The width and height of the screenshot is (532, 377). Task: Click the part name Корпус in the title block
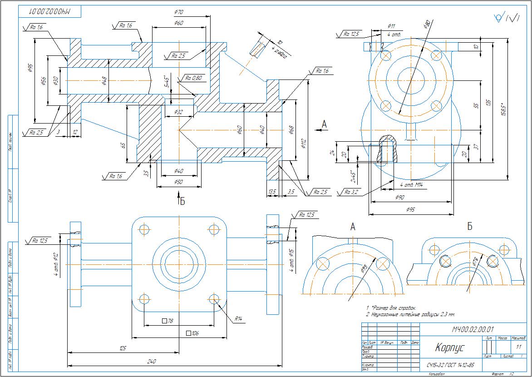click(x=450, y=348)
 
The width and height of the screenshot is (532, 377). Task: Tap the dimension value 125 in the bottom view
click(x=123, y=348)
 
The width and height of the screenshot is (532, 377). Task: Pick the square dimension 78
click(x=168, y=321)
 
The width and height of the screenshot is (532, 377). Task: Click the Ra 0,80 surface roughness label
click(x=194, y=78)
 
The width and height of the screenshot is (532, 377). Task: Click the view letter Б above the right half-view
click(x=470, y=226)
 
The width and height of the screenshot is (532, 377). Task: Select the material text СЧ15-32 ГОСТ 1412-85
click(x=450, y=365)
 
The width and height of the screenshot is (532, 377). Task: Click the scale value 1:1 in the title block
click(x=519, y=347)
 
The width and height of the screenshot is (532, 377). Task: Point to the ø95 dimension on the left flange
click(x=30, y=68)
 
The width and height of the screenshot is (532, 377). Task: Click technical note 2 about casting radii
click(x=410, y=314)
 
